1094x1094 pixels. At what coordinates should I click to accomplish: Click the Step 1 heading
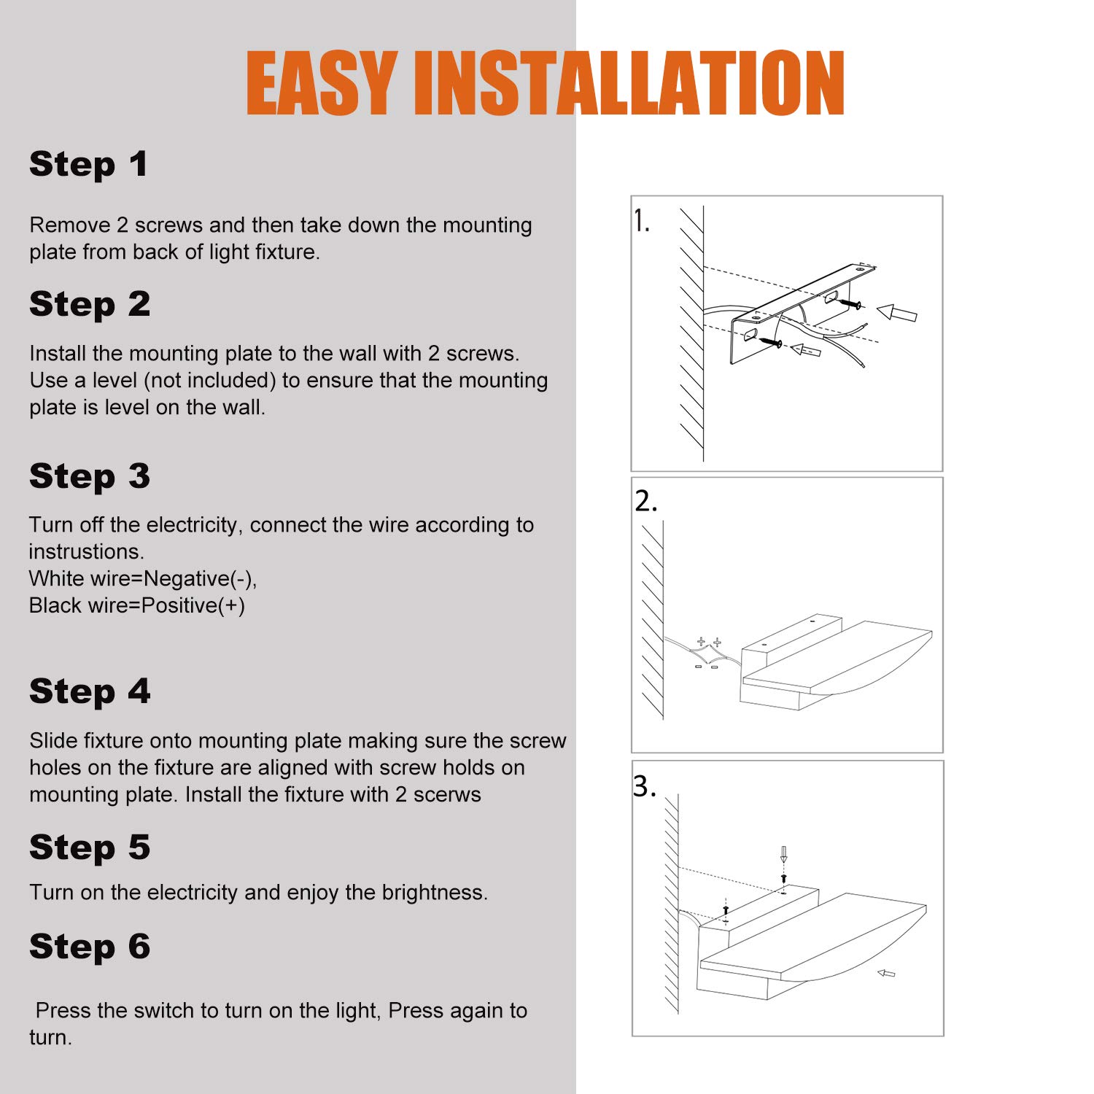pyautogui.click(x=88, y=165)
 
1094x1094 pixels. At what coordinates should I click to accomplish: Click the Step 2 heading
pyautogui.click(x=90, y=305)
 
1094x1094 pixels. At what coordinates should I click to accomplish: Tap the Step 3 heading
pyautogui.click(x=90, y=477)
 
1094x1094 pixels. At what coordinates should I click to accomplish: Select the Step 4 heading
pyautogui.click(x=90, y=692)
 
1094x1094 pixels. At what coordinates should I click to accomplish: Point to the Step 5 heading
pyautogui.click(x=90, y=848)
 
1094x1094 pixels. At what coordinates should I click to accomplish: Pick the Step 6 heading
pyautogui.click(x=90, y=947)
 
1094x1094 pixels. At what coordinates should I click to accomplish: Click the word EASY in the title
pyautogui.click(x=322, y=84)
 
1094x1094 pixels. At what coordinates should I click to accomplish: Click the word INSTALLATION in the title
pyautogui.click(x=629, y=84)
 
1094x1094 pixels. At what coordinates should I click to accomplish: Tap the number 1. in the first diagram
pyautogui.click(x=641, y=221)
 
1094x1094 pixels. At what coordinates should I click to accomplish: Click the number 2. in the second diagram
pyautogui.click(x=646, y=501)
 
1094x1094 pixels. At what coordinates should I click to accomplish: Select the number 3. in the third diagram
pyautogui.click(x=645, y=786)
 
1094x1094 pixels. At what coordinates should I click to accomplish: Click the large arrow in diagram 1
pyautogui.click(x=896, y=313)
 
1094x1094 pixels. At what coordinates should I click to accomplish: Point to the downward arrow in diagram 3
pyautogui.click(x=783, y=855)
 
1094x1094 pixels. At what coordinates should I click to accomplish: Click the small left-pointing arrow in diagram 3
pyautogui.click(x=885, y=973)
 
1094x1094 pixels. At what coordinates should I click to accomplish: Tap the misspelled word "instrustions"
pyautogui.click(x=86, y=551)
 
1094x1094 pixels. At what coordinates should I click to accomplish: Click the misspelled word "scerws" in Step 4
pyautogui.click(x=447, y=795)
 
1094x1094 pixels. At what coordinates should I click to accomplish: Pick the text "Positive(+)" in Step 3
pyautogui.click(x=193, y=606)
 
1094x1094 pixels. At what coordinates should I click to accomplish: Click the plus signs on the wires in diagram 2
pyautogui.click(x=709, y=643)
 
